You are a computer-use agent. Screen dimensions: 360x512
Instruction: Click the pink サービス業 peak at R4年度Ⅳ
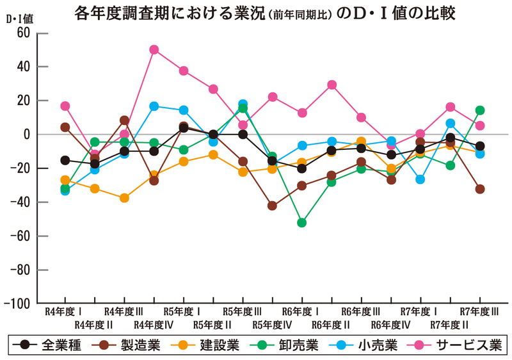coord(154,49)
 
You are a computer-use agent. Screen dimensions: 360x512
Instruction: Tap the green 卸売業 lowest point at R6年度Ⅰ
coord(301,223)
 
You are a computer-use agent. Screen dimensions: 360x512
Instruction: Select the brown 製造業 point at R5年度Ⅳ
coord(272,206)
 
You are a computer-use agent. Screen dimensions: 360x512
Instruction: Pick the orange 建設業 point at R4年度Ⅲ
coord(124,198)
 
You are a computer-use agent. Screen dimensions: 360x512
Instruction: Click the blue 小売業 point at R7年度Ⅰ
coord(420,179)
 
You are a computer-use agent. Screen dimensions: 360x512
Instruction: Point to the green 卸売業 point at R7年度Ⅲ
coord(480,110)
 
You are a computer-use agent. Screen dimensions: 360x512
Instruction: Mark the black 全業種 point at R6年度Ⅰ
coord(301,168)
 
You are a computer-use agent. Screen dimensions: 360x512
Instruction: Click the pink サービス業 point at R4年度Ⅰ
coord(65,106)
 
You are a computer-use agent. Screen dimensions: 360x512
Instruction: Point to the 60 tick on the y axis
coord(23,33)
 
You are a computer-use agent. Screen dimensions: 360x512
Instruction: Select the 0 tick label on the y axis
coord(28,135)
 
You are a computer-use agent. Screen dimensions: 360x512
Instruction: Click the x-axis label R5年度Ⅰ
coord(183,312)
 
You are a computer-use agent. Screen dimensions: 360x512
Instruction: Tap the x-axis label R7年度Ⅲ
coord(479,312)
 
